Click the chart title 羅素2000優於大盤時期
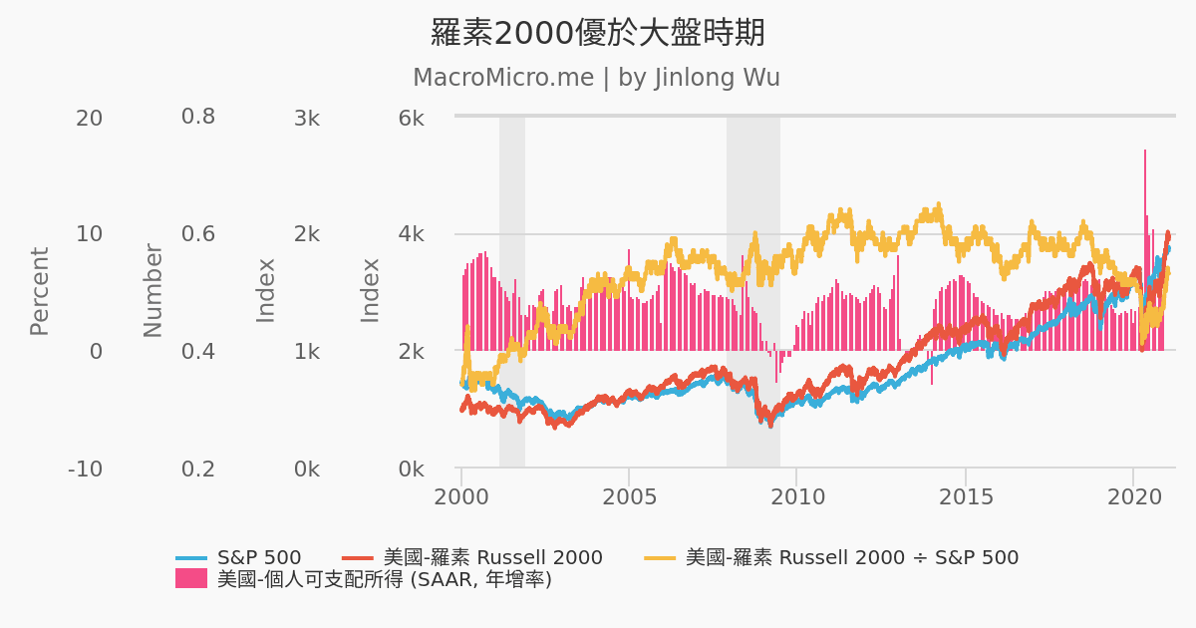(x=597, y=33)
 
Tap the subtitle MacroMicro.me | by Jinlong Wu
(x=596, y=78)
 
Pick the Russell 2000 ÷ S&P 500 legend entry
(x=851, y=558)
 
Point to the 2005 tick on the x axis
(x=629, y=495)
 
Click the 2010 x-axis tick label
(x=796, y=495)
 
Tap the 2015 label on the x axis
(x=965, y=495)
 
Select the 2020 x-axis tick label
(x=1132, y=495)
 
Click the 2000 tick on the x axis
(x=461, y=495)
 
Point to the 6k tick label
(x=412, y=118)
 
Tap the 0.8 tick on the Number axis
(x=197, y=118)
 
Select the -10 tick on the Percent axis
(x=85, y=469)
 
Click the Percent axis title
(x=39, y=291)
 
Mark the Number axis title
(x=152, y=291)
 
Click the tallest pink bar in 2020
(x=1145, y=249)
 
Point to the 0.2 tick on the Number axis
(x=197, y=469)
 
